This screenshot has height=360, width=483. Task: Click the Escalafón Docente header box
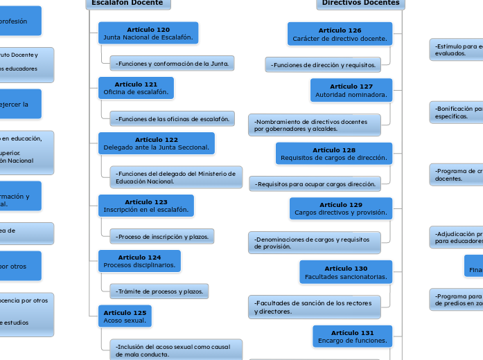(x=128, y=3)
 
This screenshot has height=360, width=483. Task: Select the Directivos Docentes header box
(x=361, y=3)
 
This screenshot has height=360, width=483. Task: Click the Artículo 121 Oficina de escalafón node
(x=136, y=88)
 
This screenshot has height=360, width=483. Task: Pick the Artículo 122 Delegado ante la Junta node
(x=157, y=143)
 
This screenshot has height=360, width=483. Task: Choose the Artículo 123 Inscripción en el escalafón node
(x=146, y=206)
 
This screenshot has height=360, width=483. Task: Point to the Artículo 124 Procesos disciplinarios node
(x=139, y=261)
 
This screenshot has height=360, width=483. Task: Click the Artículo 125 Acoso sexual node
(x=125, y=316)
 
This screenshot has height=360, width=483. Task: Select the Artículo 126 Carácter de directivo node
(x=340, y=34)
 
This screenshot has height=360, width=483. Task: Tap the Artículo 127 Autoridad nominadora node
(x=351, y=90)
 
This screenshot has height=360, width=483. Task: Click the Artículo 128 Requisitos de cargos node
(x=334, y=154)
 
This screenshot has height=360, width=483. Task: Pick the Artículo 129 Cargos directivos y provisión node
(x=341, y=208)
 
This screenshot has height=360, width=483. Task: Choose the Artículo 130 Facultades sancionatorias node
(x=346, y=272)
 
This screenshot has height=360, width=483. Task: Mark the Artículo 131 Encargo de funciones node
(x=352, y=336)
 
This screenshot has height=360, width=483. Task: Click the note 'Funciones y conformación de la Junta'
(x=172, y=64)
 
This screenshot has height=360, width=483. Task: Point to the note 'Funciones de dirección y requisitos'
(x=322, y=65)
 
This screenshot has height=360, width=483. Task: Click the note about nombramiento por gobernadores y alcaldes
(x=314, y=125)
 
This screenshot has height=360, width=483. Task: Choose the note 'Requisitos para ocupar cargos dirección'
(x=315, y=184)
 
